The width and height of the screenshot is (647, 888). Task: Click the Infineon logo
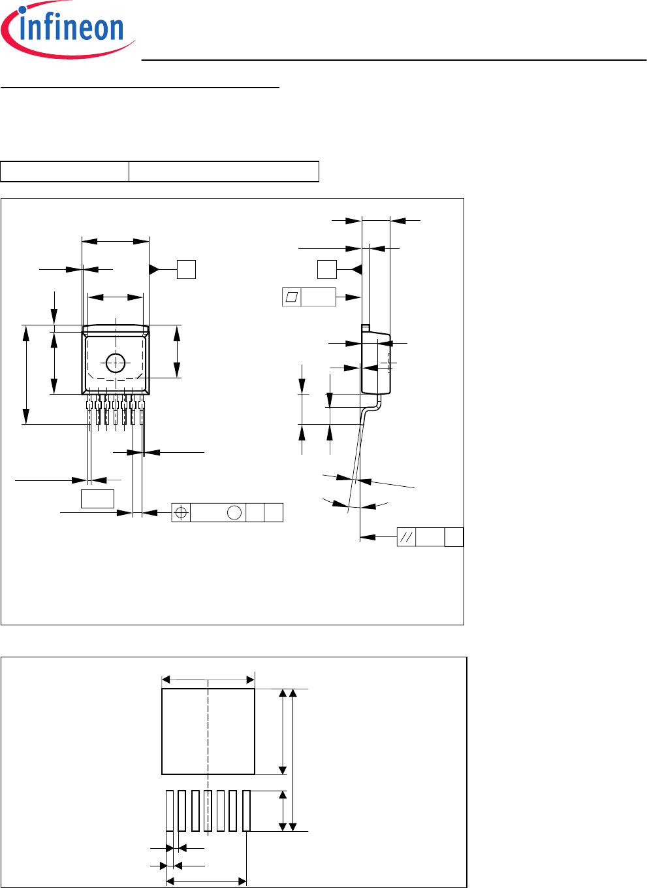tap(68, 29)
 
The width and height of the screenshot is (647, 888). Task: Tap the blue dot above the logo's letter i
tap(23, 10)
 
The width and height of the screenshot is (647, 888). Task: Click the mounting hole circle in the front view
tap(116, 363)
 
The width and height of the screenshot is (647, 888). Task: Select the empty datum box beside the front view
tap(186, 270)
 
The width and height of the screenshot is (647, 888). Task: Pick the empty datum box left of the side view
tap(327, 270)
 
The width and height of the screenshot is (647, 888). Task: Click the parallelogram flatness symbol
tap(292, 297)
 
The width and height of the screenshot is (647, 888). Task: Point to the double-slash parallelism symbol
tap(406, 537)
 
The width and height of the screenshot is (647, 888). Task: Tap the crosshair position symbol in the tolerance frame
tap(181, 512)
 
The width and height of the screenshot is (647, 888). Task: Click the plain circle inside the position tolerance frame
tap(234, 512)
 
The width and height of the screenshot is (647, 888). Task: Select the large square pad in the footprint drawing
tap(208, 731)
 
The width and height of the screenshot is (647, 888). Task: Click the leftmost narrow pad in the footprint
tap(170, 811)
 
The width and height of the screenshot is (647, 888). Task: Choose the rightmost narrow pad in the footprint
tap(246, 811)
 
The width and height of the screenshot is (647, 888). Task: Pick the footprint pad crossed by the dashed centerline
tap(208, 811)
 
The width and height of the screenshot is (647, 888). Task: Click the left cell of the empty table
tap(65, 172)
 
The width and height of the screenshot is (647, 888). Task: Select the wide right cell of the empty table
tap(224, 172)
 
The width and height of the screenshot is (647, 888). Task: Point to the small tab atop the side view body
tap(366, 328)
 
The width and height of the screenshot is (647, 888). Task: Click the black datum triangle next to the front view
tap(154, 270)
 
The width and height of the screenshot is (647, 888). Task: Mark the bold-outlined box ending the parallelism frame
tap(454, 537)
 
